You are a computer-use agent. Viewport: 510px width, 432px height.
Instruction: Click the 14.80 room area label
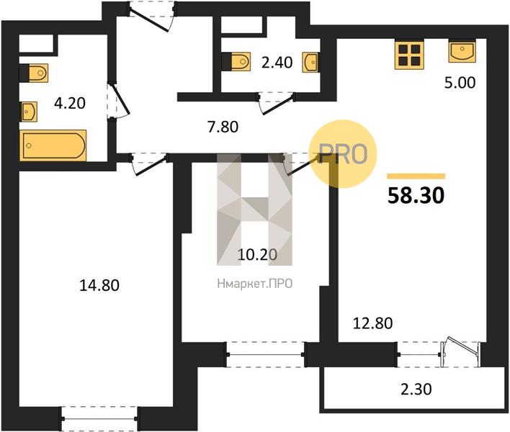point(99,285)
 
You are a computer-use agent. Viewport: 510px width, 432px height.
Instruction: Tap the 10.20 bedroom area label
point(257,254)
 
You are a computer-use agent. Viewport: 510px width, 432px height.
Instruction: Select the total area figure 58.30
point(416,196)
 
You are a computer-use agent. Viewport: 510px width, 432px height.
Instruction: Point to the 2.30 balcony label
point(416,389)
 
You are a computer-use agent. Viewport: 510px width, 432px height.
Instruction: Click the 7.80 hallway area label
point(223,127)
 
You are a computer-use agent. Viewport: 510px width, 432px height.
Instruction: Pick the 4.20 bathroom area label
point(70,103)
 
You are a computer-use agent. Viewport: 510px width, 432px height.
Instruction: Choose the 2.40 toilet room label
point(277,62)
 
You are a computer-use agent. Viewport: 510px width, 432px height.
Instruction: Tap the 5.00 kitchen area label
point(460,83)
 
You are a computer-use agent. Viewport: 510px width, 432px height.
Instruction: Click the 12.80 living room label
point(372,323)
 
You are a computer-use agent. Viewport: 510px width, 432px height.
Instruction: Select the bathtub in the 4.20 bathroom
point(53,145)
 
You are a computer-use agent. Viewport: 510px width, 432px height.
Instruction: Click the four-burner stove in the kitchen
point(409,55)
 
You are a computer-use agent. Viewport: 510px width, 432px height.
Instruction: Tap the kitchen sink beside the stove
point(462,50)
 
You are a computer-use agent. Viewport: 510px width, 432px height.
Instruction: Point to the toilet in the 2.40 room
point(238,61)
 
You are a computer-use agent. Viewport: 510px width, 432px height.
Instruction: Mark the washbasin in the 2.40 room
point(310,62)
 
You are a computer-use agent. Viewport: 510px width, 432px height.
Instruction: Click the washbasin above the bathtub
point(29,112)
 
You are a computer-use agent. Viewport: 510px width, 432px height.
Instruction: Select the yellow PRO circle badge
point(342,154)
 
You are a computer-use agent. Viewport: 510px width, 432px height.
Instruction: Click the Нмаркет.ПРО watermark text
point(255,284)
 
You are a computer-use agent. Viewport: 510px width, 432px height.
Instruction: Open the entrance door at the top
point(152,17)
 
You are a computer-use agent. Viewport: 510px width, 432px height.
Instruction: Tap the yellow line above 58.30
point(416,176)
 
